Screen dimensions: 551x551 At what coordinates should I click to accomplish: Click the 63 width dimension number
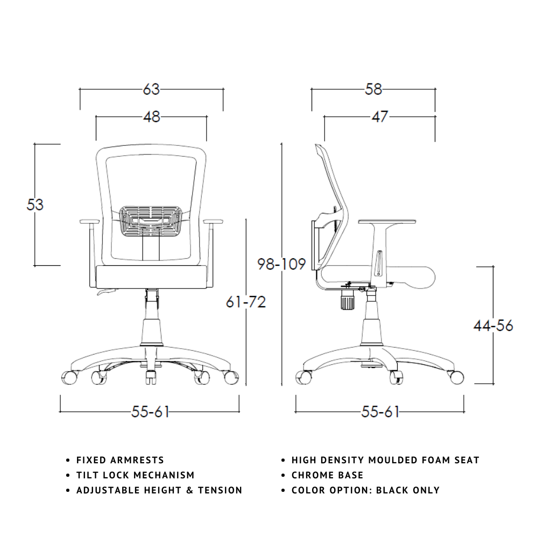pyautogui.click(x=151, y=89)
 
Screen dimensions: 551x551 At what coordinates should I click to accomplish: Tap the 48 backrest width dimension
pyautogui.click(x=151, y=117)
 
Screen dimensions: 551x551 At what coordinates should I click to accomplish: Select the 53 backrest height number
pyautogui.click(x=35, y=204)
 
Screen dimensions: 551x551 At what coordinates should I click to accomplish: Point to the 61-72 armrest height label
pyautogui.click(x=245, y=302)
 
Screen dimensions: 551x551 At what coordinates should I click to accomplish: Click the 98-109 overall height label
pyautogui.click(x=281, y=264)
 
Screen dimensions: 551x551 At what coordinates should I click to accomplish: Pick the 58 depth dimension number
pyautogui.click(x=373, y=89)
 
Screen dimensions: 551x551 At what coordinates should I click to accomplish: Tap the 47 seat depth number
pyautogui.click(x=380, y=117)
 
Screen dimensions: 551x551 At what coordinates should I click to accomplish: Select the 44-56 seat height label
pyautogui.click(x=493, y=326)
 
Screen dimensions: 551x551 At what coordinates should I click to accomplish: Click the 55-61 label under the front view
pyautogui.click(x=150, y=412)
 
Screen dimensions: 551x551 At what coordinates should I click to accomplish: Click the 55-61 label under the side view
pyautogui.click(x=380, y=412)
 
